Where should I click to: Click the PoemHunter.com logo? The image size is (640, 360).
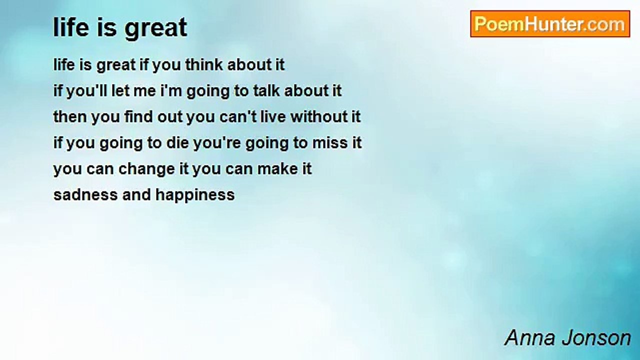pyautogui.click(x=550, y=24)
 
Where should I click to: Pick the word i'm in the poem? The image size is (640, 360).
pyautogui.click(x=171, y=90)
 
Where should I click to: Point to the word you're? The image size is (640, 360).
pyautogui.click(x=217, y=143)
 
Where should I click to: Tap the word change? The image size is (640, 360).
pyautogui.click(x=146, y=169)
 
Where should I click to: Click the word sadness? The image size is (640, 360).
pyautogui.click(x=85, y=195)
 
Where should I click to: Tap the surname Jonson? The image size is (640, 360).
pyautogui.click(x=596, y=338)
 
